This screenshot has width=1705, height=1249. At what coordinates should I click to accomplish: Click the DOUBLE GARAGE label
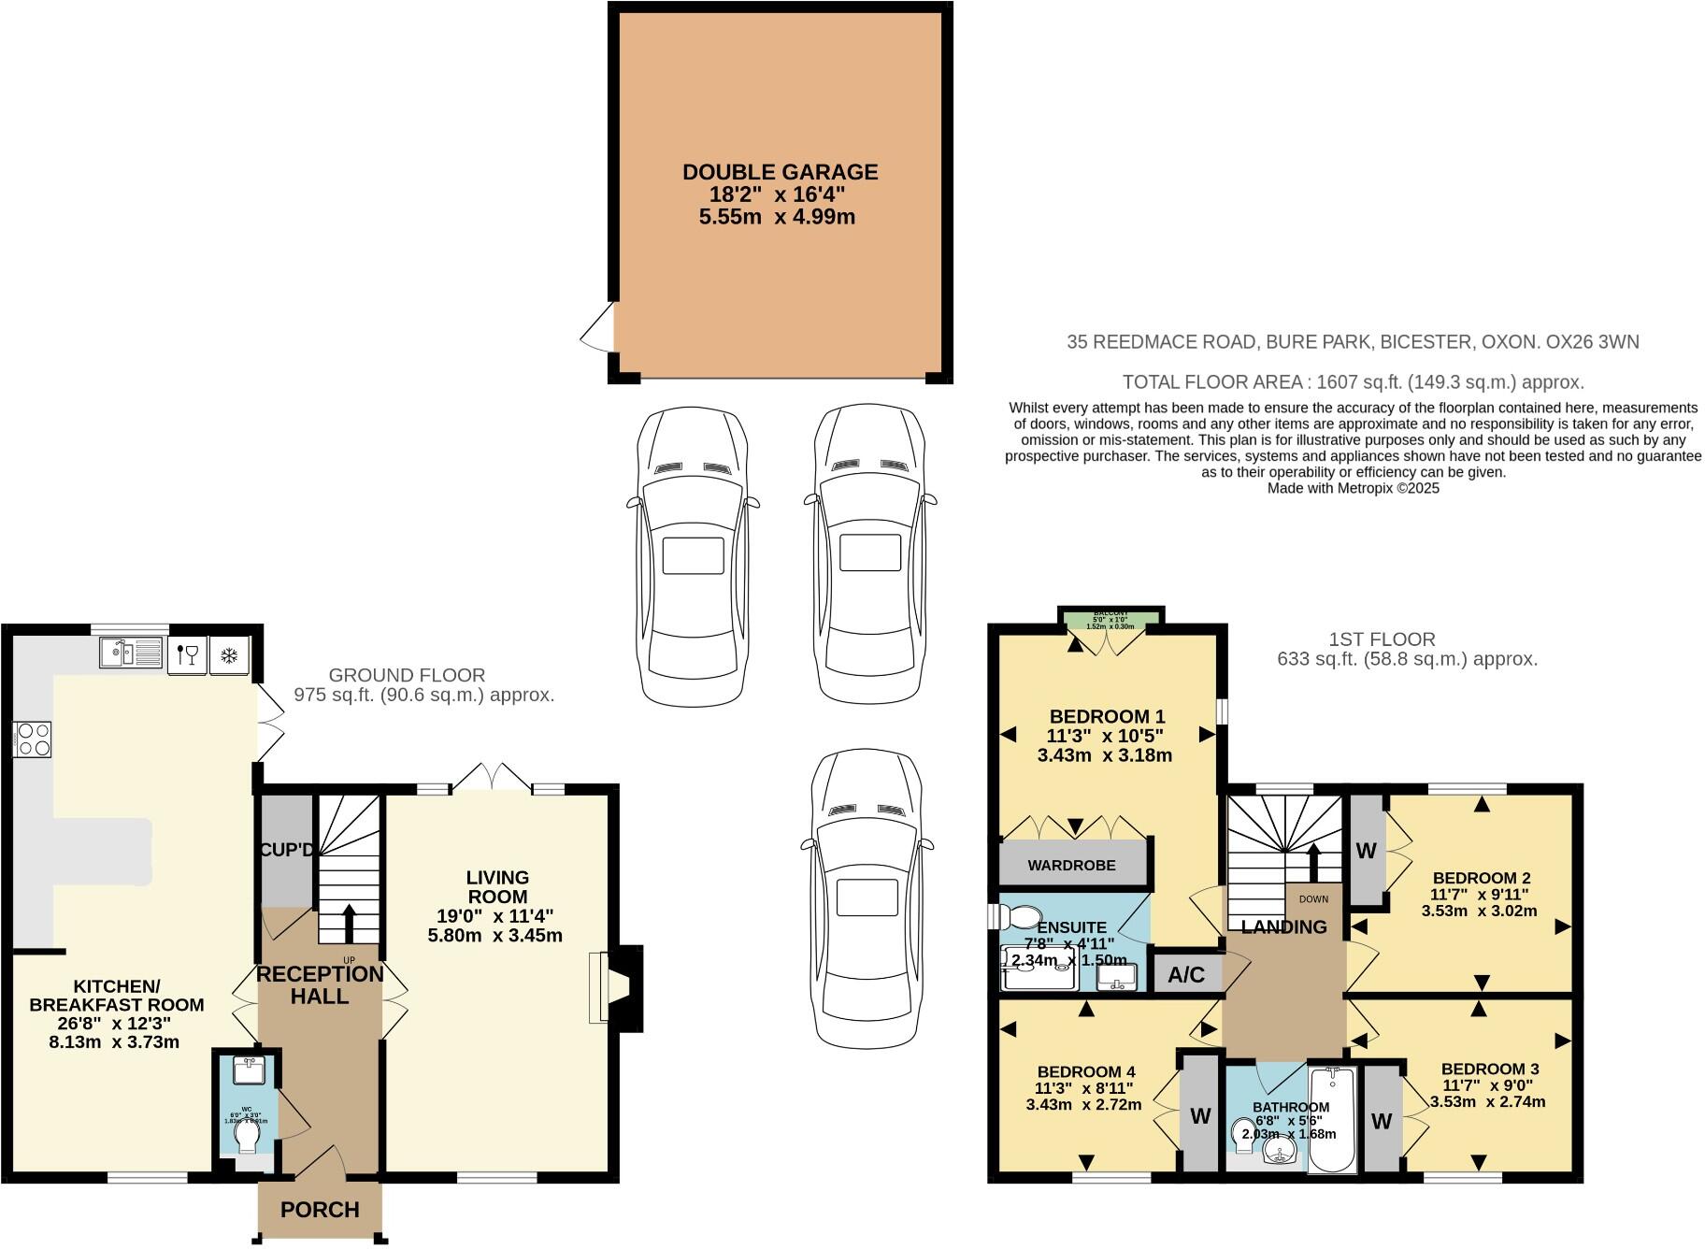(780, 172)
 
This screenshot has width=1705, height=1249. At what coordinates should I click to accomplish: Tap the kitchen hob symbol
(32, 739)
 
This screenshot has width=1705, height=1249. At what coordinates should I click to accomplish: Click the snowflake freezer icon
(228, 653)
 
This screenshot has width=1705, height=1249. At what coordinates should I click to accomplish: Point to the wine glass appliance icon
(188, 653)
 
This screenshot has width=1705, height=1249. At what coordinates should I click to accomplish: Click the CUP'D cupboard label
(286, 850)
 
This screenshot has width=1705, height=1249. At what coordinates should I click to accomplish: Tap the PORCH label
(320, 1210)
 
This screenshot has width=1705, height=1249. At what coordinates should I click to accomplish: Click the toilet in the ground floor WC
(248, 1136)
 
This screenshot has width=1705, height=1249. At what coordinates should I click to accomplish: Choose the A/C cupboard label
(1186, 975)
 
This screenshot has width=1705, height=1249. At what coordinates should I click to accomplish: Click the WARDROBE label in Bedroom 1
(1071, 865)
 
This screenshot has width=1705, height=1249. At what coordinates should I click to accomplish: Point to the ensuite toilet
(1021, 915)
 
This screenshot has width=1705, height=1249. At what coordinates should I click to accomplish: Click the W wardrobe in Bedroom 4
(1200, 1115)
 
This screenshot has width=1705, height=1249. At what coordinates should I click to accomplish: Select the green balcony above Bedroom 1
(1110, 617)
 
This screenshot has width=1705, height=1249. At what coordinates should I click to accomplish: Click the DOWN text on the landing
(1312, 899)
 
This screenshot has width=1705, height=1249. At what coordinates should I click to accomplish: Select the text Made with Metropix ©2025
(1353, 488)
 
